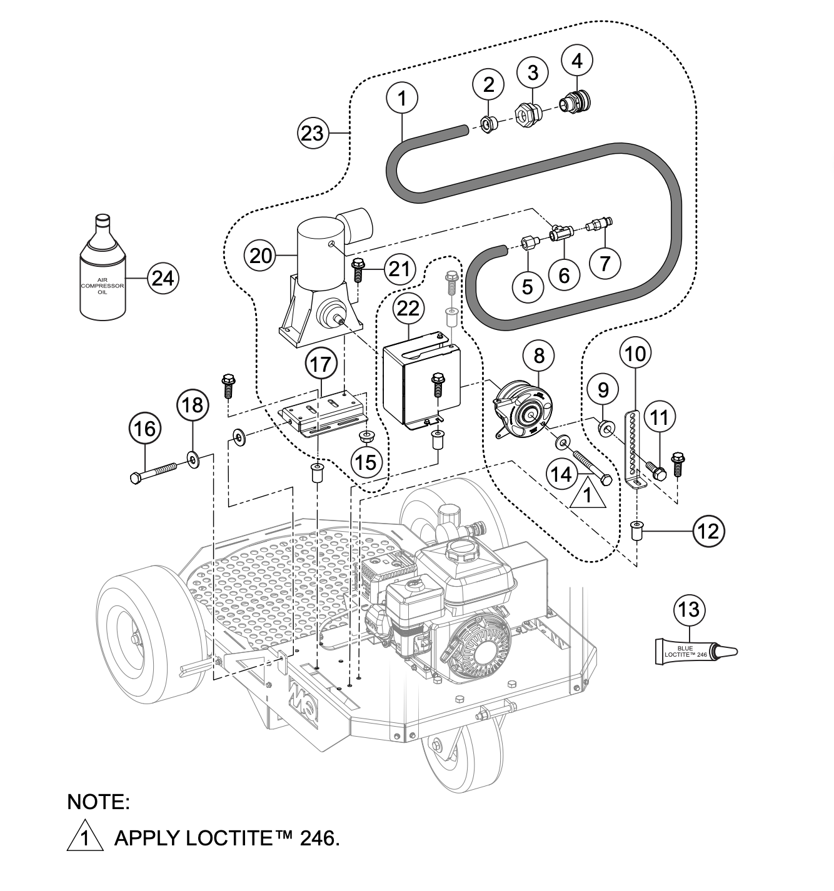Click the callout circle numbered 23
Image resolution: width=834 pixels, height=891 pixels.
[x=313, y=133]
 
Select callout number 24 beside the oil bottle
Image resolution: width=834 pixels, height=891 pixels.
[x=163, y=277]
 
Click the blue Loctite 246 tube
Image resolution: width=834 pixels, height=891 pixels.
[x=694, y=651]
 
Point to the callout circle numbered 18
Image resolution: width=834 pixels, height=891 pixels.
[x=193, y=406]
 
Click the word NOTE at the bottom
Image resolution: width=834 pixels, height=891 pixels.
[x=98, y=802]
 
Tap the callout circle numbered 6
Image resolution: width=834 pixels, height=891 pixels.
[x=565, y=275]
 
